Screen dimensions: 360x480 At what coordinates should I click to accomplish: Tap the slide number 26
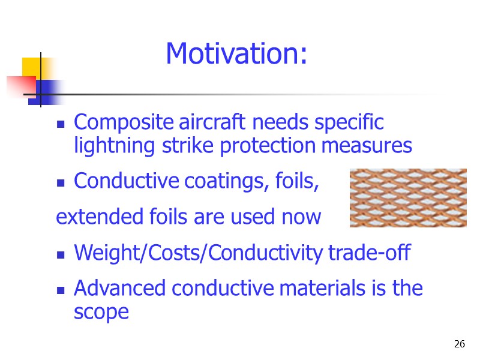(460, 344)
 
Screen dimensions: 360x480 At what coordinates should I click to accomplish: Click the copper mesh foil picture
(408, 197)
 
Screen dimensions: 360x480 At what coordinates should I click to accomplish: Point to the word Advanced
(121, 289)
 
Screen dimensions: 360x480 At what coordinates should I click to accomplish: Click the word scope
(101, 312)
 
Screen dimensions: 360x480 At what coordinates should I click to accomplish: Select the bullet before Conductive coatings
(61, 182)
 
